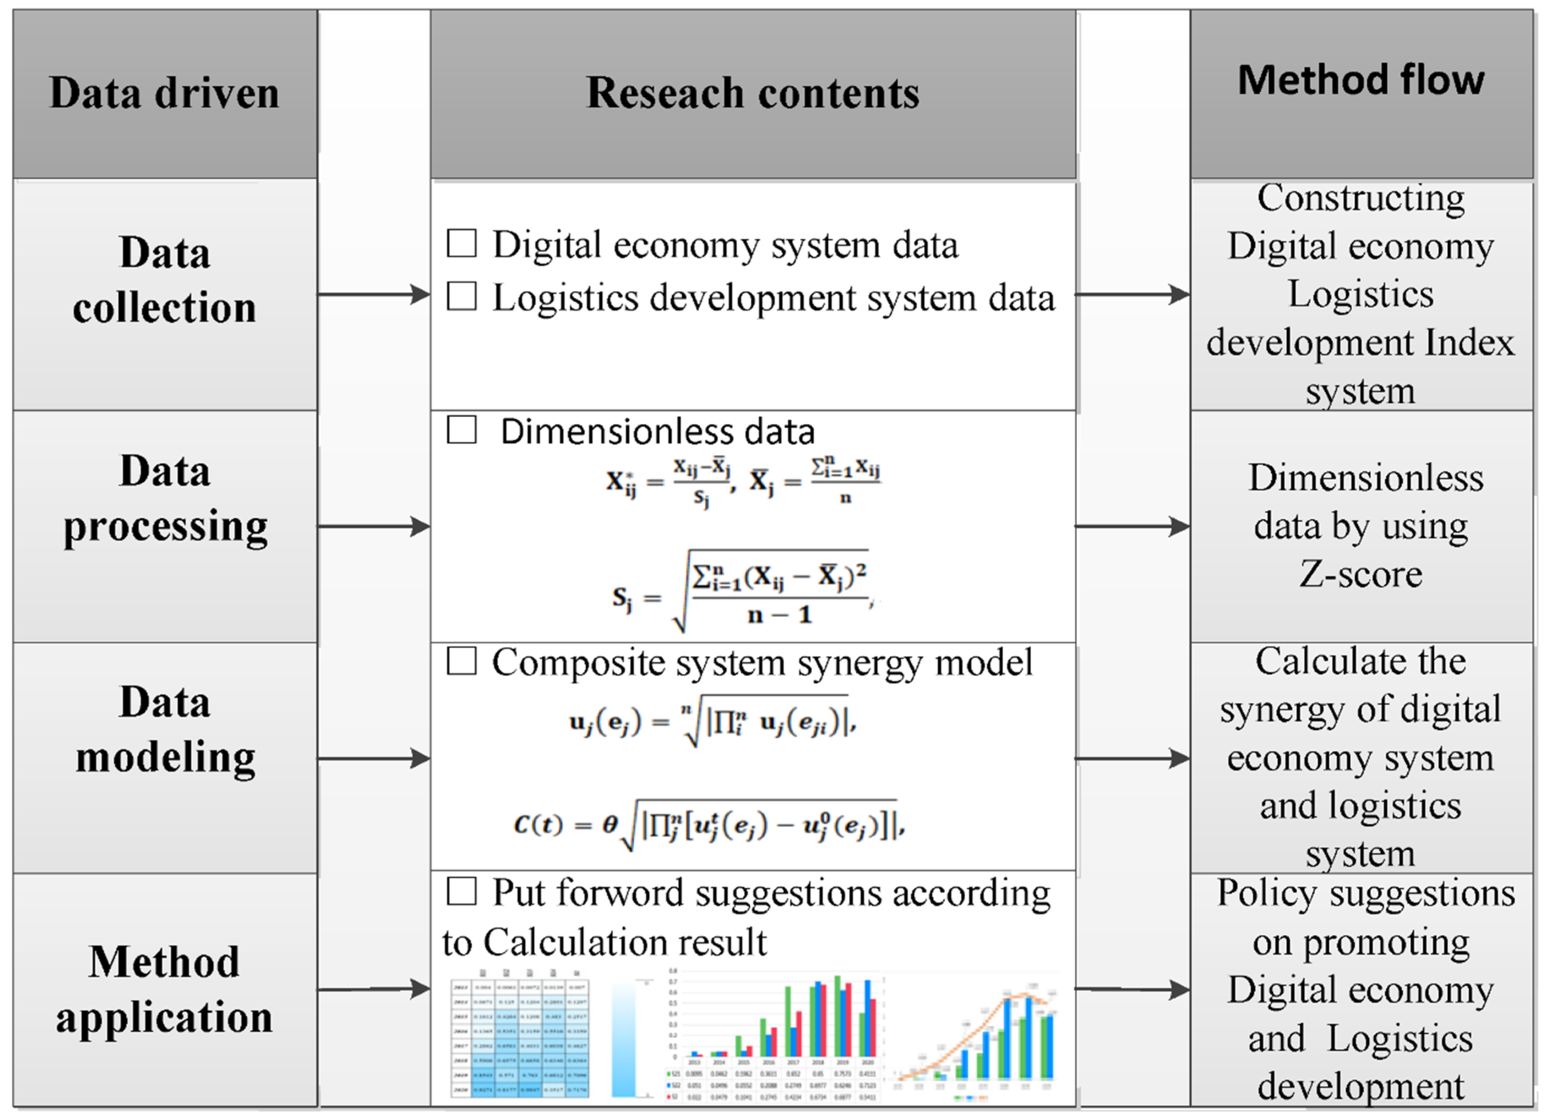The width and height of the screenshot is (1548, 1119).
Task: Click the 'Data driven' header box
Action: (x=165, y=94)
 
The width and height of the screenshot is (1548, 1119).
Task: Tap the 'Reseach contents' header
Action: (x=752, y=94)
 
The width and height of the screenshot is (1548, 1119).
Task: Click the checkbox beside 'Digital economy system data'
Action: (x=461, y=244)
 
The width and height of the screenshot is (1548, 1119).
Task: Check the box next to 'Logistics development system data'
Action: (x=461, y=297)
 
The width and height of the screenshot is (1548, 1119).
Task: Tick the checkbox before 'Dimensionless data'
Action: (x=461, y=430)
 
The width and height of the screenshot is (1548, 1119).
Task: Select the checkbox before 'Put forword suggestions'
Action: (x=461, y=891)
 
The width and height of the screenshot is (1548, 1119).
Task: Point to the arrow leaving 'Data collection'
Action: (x=373, y=295)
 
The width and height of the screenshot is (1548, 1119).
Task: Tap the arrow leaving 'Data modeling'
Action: (x=373, y=758)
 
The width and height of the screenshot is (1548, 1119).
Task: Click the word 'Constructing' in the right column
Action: (x=1360, y=198)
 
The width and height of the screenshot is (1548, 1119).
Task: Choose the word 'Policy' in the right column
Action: (x=1266, y=893)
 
